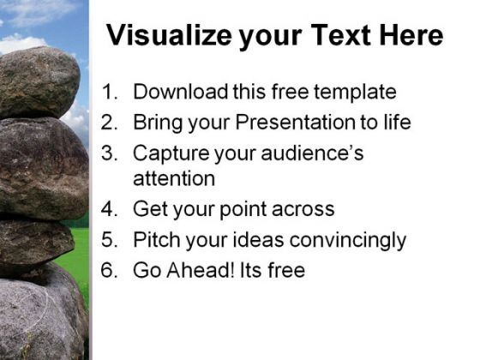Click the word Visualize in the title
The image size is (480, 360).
coord(170,35)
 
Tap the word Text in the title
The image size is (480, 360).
coord(341,35)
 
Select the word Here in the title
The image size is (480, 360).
coord(411,35)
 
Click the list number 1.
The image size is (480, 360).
coord(110,92)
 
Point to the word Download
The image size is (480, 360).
coord(181,92)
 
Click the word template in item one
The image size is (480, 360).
coord(355,93)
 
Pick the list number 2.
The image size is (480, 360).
coord(110,122)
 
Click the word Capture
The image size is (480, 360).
coord(171,153)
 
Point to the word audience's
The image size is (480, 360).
coord(312,153)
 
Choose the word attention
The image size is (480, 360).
coord(174,178)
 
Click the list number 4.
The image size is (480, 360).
coord(110,209)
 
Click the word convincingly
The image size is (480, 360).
coord(348,240)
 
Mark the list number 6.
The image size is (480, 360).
coord(110,270)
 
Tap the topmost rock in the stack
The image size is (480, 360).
coord(39,81)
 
